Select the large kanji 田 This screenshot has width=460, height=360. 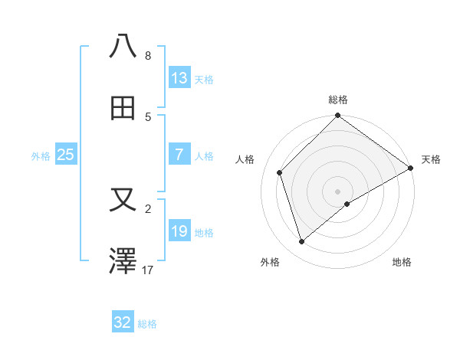click(x=123, y=110)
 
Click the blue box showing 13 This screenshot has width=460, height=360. click(x=179, y=78)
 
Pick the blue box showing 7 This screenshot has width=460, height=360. click(x=179, y=155)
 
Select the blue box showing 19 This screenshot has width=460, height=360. click(x=179, y=231)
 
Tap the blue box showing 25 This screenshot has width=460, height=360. click(x=66, y=155)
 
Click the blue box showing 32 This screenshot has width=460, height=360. click(x=123, y=322)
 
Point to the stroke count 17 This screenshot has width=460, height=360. click(x=148, y=270)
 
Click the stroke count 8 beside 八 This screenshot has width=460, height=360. click(x=148, y=55)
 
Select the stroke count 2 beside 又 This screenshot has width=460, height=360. click(x=148, y=208)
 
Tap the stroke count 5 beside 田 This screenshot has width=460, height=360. click(x=148, y=116)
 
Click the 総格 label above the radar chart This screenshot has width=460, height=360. click(x=338, y=100)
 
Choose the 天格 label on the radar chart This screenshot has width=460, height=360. click(x=431, y=159)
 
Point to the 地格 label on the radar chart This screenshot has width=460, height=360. click(x=402, y=262)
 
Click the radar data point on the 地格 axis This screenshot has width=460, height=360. click(x=347, y=204)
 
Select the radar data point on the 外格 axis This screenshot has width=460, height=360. click(x=302, y=241)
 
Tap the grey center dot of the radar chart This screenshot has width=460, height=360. click(x=338, y=191)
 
